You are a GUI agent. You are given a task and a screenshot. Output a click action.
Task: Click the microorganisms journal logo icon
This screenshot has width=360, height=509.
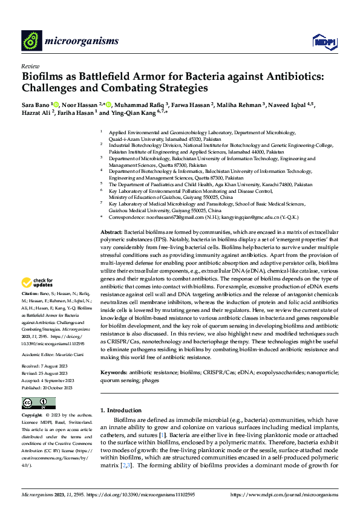[31, 40]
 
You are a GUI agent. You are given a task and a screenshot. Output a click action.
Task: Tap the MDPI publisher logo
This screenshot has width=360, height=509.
[322, 41]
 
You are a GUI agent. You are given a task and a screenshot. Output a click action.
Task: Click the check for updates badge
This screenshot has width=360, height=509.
[37, 282]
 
